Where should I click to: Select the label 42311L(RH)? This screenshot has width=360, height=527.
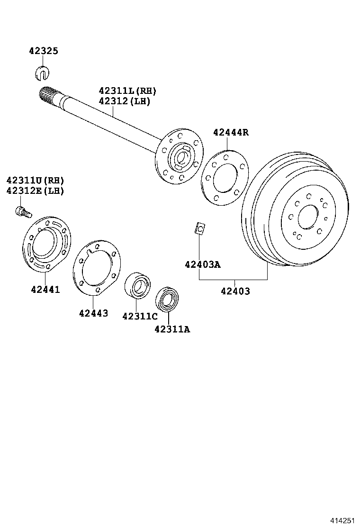click(127, 91)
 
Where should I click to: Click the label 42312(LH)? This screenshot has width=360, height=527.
click(124, 101)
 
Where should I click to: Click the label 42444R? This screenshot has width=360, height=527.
click(230, 132)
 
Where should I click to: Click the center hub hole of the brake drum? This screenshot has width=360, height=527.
click(308, 218)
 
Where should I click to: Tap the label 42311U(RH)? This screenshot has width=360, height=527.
click(35, 181)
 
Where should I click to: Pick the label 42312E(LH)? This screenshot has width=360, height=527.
click(35, 191)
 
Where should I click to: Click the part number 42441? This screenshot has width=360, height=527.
click(45, 289)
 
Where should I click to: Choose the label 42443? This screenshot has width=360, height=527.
click(93, 313)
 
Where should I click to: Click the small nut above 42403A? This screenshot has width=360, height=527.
click(200, 228)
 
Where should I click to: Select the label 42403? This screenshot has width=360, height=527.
click(235, 291)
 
